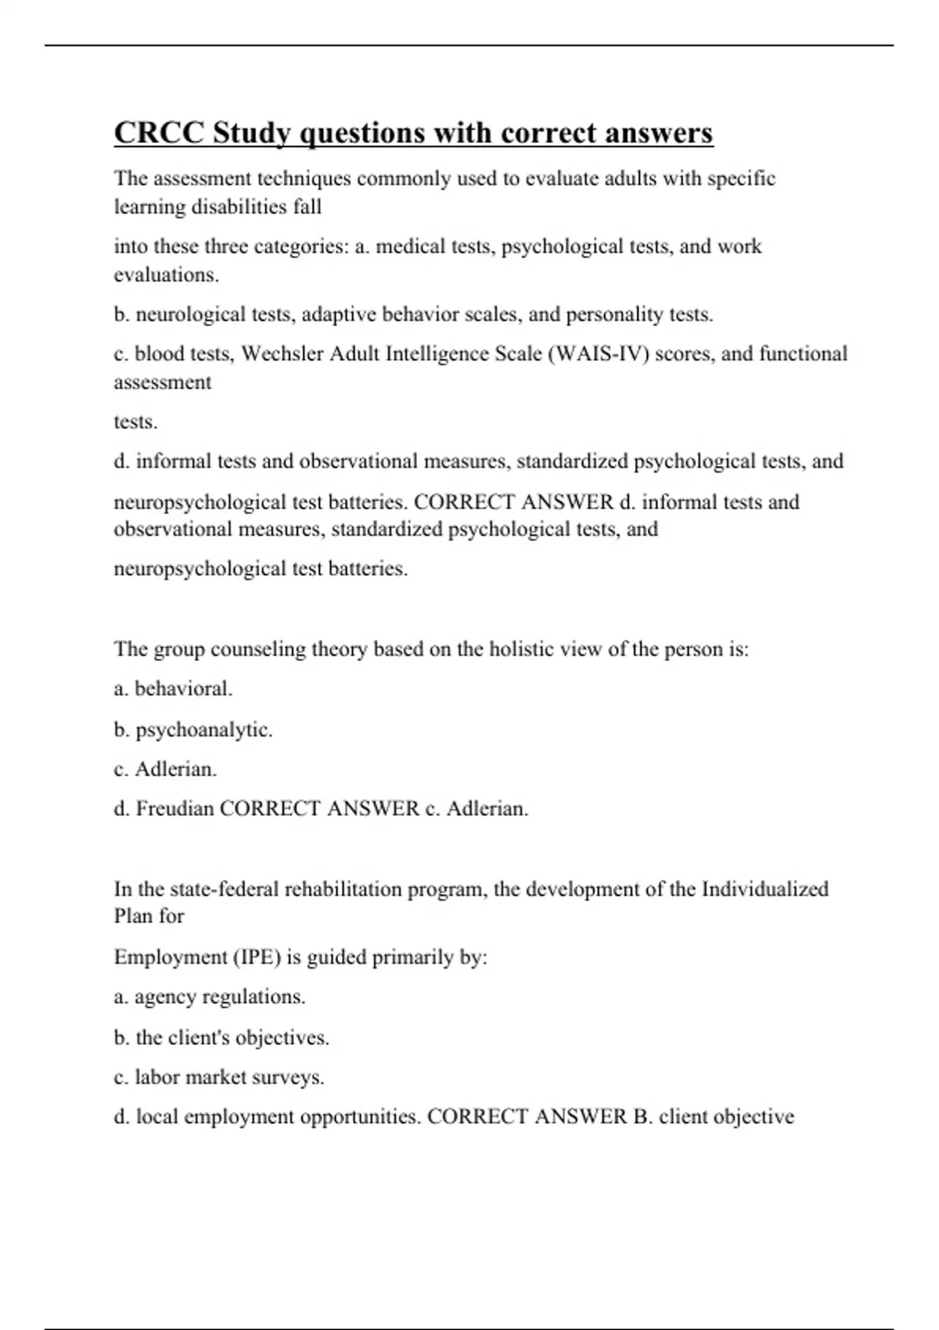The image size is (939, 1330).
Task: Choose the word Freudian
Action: pyautogui.click(x=175, y=808)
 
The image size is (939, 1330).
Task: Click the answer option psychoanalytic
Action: pyautogui.click(x=203, y=730)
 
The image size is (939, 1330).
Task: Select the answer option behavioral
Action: pyautogui.click(x=183, y=688)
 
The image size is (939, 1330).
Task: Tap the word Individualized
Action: pyautogui.click(x=765, y=890)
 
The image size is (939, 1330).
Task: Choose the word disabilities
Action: pyautogui.click(x=238, y=207)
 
